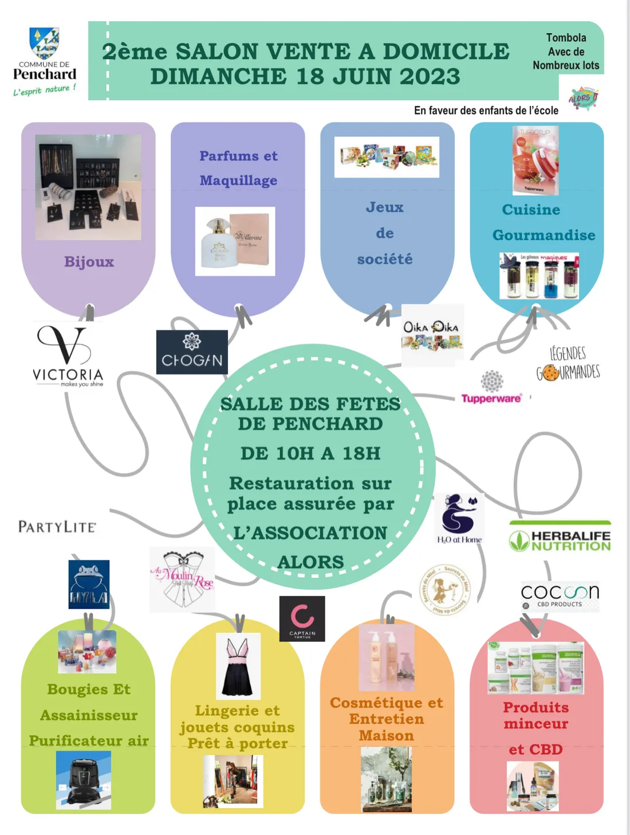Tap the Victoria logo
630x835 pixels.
point(68,355)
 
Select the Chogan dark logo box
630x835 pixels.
point(192,352)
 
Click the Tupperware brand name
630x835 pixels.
point(491,398)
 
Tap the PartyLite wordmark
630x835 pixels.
point(57,527)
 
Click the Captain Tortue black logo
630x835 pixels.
point(302,618)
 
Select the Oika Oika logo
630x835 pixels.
point(431,335)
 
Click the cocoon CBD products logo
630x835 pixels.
point(560,594)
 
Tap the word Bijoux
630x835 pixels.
point(89,262)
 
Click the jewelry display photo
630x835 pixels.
point(88,187)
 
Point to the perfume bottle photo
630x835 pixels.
point(235,241)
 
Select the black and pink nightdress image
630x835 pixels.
point(238,666)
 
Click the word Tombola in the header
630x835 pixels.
point(566,38)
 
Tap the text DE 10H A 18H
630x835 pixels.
point(310,453)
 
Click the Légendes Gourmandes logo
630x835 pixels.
point(568,363)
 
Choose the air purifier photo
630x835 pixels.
point(84,780)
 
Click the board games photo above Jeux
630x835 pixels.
point(387,156)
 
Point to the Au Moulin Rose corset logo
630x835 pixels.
point(182,579)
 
